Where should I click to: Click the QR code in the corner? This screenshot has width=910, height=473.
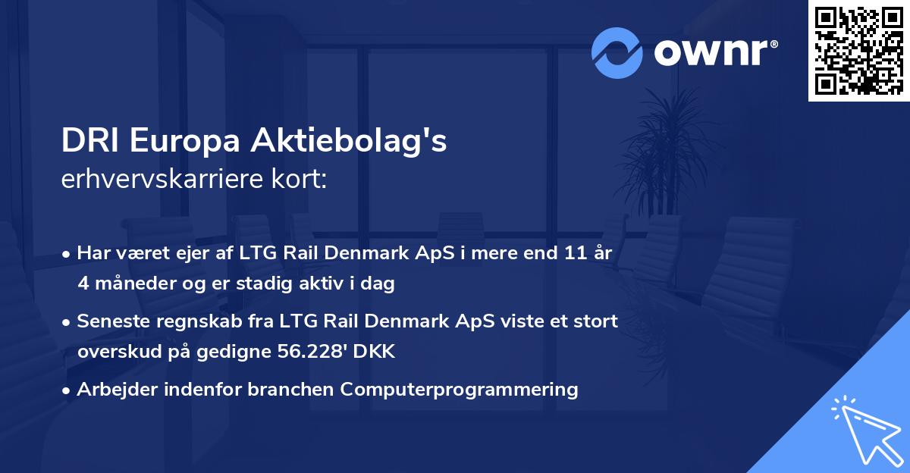pos(858,50)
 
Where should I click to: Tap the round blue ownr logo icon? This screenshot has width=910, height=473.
pos(617,53)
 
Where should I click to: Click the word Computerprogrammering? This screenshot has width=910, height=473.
pos(459,390)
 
